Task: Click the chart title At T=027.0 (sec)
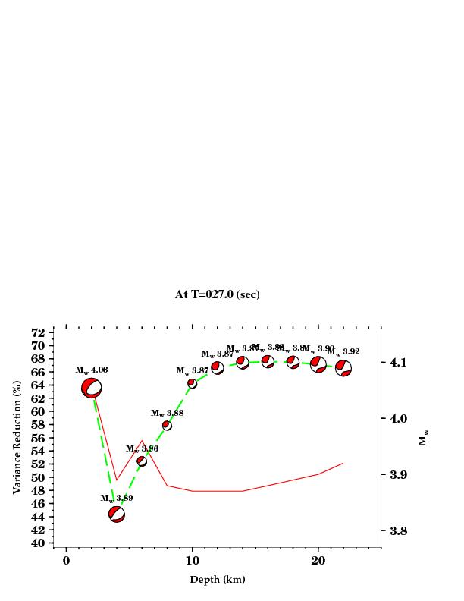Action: [x=217, y=294]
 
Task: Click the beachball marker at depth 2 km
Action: [x=92, y=388]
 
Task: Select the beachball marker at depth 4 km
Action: [x=117, y=514]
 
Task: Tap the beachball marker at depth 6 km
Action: [x=142, y=461]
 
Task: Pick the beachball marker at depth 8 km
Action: [x=167, y=426]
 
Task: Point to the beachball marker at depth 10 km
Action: [x=192, y=383]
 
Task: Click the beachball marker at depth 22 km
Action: [x=343, y=369]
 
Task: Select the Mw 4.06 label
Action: [x=91, y=370]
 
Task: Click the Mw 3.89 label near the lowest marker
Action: [x=117, y=498]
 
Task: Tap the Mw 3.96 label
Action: [x=142, y=448]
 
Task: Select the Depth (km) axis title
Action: [x=217, y=580]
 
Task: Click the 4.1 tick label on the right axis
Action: [x=400, y=362]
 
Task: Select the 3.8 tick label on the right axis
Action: [x=400, y=530]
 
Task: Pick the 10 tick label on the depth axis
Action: [x=192, y=560]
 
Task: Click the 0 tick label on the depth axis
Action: [x=67, y=560]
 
